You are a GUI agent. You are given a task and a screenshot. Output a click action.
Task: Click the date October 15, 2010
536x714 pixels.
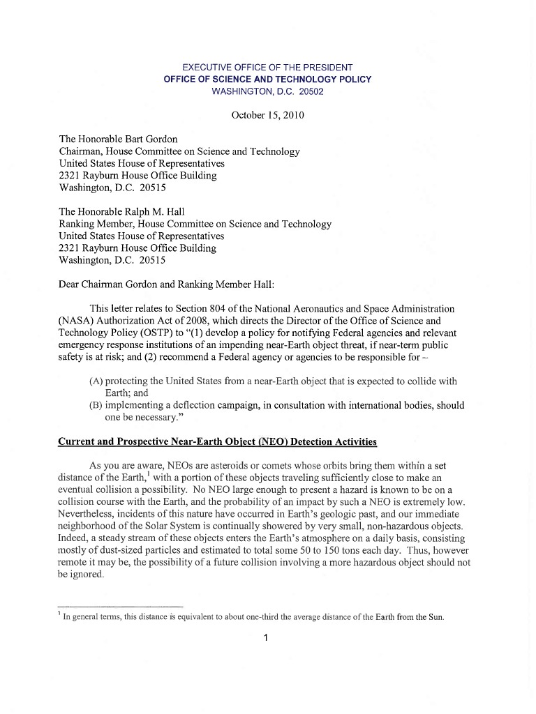(267, 115)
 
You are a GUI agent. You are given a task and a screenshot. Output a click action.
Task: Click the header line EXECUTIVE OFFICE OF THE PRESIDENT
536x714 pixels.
(267, 67)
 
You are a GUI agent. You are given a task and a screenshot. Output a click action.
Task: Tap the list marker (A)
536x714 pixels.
(96, 381)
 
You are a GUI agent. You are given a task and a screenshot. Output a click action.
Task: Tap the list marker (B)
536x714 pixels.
(96, 405)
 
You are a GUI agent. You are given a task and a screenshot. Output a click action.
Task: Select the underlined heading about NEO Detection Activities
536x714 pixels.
(217, 441)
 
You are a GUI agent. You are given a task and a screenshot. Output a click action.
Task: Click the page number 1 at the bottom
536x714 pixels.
(267, 637)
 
